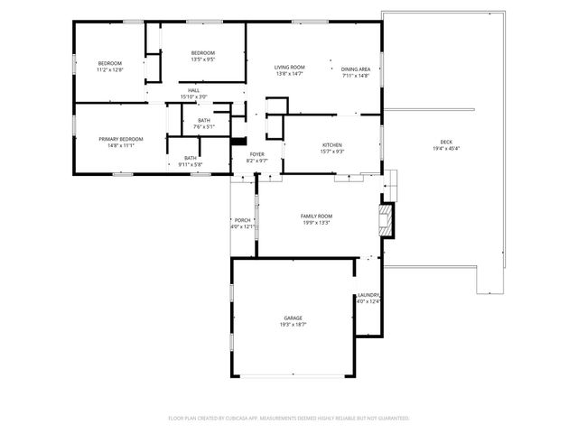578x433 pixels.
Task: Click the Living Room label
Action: [x=290, y=68]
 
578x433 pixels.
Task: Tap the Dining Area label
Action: [x=356, y=69]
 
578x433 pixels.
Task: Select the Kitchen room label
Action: [x=331, y=145]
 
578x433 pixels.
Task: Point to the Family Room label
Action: [x=316, y=216]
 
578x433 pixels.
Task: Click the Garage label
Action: [x=293, y=318]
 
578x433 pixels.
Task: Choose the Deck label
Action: [x=446, y=143]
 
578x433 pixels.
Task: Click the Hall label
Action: [x=193, y=90]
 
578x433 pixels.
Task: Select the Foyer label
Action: [x=257, y=154]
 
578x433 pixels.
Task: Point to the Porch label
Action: [x=242, y=220]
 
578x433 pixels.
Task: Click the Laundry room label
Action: [x=368, y=295]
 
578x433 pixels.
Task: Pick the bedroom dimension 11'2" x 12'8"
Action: [x=109, y=69]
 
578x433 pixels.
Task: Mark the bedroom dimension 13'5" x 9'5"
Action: [x=202, y=60]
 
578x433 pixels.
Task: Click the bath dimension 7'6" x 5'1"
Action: [x=203, y=126]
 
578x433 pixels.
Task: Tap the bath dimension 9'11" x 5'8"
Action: [x=190, y=164]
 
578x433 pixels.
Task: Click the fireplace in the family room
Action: [x=387, y=219]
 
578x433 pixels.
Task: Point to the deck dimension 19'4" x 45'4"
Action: [x=446, y=149]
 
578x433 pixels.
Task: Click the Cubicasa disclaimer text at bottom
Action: [x=289, y=418]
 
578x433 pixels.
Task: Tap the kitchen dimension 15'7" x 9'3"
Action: [x=331, y=152]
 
